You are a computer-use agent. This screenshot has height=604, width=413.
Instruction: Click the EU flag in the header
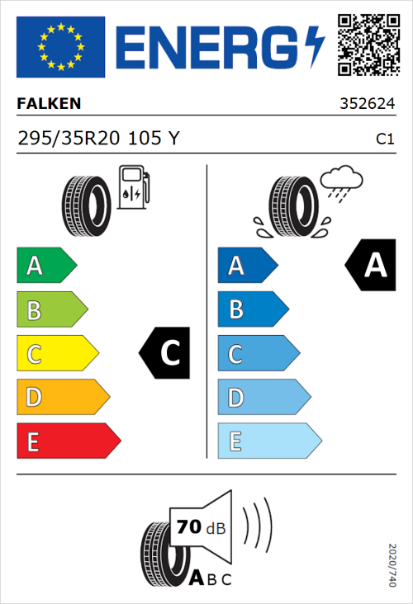click(x=60, y=48)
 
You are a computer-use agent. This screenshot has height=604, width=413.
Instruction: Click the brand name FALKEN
click(x=50, y=105)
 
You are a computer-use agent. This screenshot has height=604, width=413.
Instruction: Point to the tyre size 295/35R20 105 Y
click(x=97, y=139)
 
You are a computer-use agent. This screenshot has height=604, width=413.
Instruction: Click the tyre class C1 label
click(x=384, y=139)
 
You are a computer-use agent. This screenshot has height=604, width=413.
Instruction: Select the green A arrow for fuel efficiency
click(x=45, y=266)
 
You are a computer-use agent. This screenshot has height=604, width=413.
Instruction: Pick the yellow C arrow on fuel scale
click(x=56, y=354)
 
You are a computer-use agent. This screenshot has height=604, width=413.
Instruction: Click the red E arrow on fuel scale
click(x=68, y=441)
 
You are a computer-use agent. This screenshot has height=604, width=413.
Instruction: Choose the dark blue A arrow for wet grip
click(x=246, y=266)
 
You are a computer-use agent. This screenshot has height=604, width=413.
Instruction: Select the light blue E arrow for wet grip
click(x=268, y=441)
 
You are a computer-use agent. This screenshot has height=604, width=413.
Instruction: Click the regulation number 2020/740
click(x=392, y=565)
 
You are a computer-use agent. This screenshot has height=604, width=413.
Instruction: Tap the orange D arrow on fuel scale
click(x=62, y=398)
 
